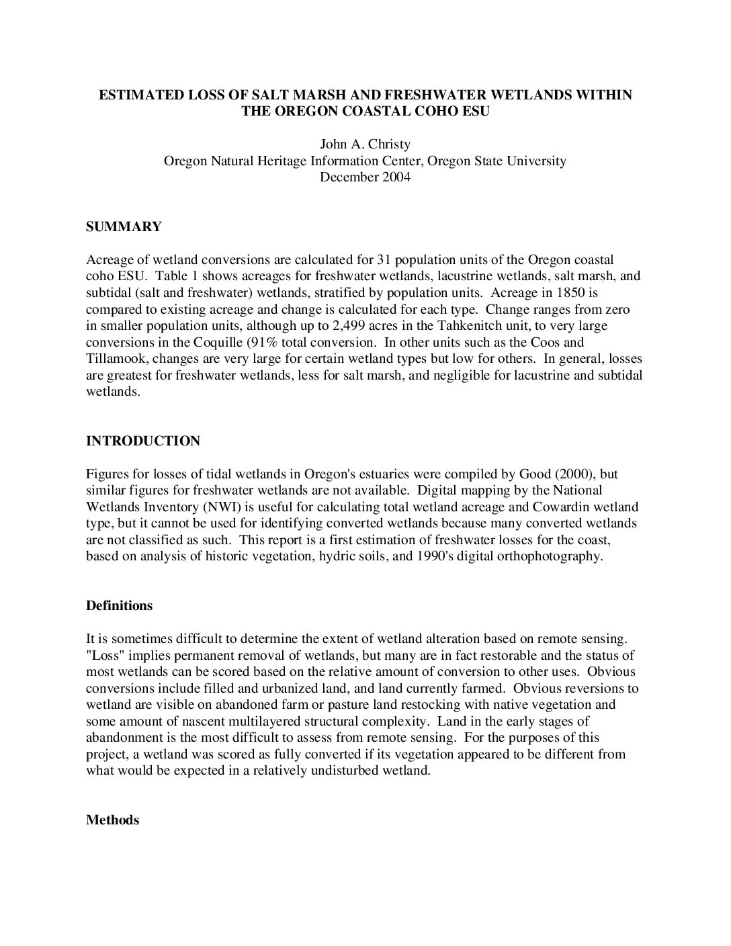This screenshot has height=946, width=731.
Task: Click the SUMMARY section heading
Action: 124,227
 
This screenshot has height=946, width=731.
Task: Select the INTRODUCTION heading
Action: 143,441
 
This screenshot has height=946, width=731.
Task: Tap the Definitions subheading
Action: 120,606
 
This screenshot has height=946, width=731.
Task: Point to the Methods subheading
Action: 113,820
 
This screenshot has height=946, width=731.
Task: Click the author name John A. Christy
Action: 365,144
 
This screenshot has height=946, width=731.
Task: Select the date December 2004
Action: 365,177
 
